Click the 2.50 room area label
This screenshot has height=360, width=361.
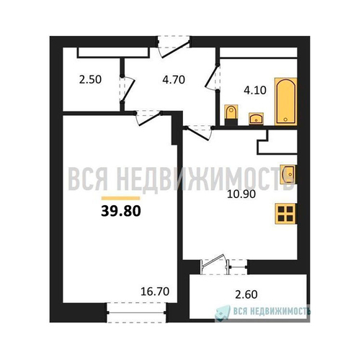click(90, 80)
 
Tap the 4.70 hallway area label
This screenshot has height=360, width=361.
click(174, 80)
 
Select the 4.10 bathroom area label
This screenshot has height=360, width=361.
click(255, 91)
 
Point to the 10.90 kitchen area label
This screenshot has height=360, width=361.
click(241, 194)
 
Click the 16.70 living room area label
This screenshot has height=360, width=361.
click(155, 292)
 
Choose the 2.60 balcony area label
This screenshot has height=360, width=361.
click(246, 294)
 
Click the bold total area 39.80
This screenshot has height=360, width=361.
click(121, 212)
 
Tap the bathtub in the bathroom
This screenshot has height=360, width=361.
click(286, 102)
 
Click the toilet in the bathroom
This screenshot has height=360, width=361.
click(231, 114)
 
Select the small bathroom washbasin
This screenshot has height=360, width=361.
click(256, 119)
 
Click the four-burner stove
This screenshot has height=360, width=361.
click(286, 214)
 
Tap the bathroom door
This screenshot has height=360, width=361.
click(212, 77)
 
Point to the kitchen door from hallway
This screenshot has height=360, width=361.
click(198, 133)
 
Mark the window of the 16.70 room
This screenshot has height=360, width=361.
click(136, 312)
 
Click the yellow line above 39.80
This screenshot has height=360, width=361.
click(120, 198)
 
